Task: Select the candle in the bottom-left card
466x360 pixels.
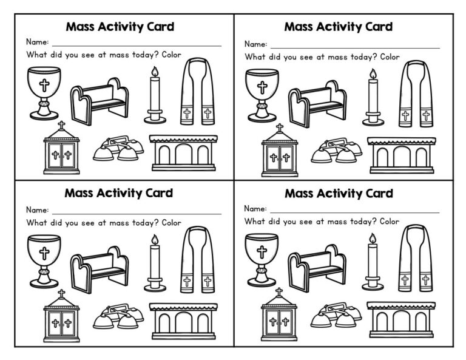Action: (x=155, y=262)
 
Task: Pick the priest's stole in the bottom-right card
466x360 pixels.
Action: (x=416, y=257)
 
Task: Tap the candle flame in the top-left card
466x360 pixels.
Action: (x=155, y=73)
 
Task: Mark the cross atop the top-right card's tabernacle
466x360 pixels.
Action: (x=279, y=129)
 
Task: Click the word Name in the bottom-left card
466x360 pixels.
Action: (x=36, y=210)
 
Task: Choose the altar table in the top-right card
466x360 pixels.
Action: (x=400, y=155)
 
